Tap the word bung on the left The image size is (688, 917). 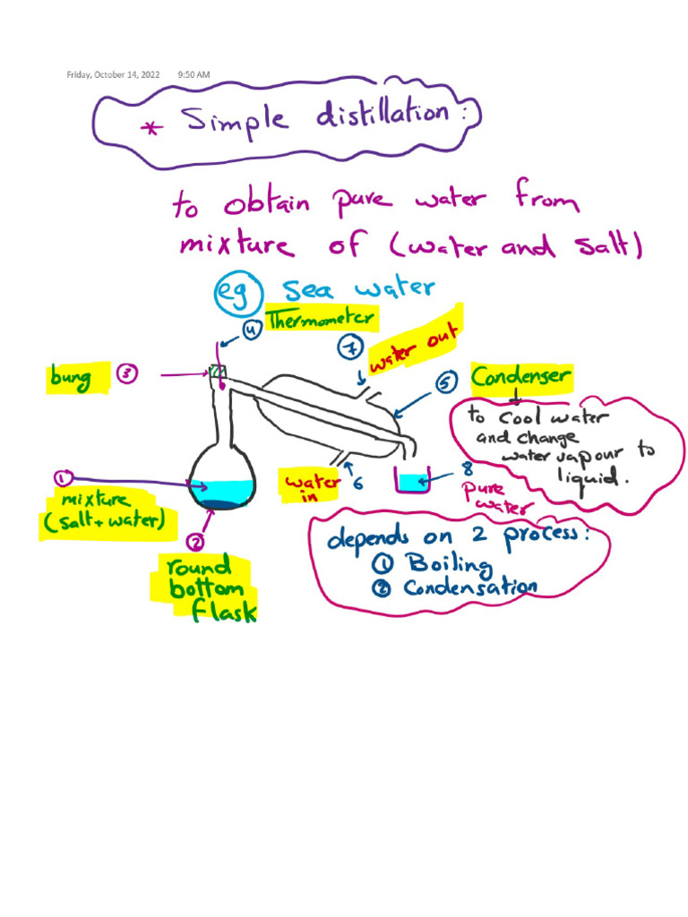pyautogui.click(x=72, y=378)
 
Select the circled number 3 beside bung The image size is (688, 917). pyautogui.click(x=126, y=377)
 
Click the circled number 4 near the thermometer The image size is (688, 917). pyautogui.click(x=252, y=330)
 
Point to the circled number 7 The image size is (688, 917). pyautogui.click(x=348, y=347)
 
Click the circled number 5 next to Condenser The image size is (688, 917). pyautogui.click(x=446, y=383)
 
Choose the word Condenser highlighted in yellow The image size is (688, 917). pyautogui.click(x=520, y=377)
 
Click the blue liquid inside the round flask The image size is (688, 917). pyautogui.click(x=221, y=489)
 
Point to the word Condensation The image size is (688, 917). pyautogui.click(x=469, y=587)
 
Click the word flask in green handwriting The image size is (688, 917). pyautogui.click(x=224, y=612)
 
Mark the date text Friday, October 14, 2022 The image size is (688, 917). pyautogui.click(x=114, y=75)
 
